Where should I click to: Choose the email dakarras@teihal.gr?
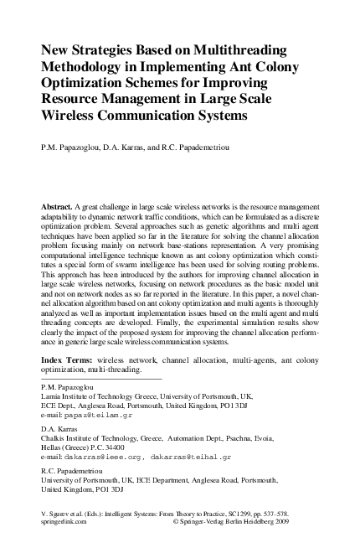tap(192, 457)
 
